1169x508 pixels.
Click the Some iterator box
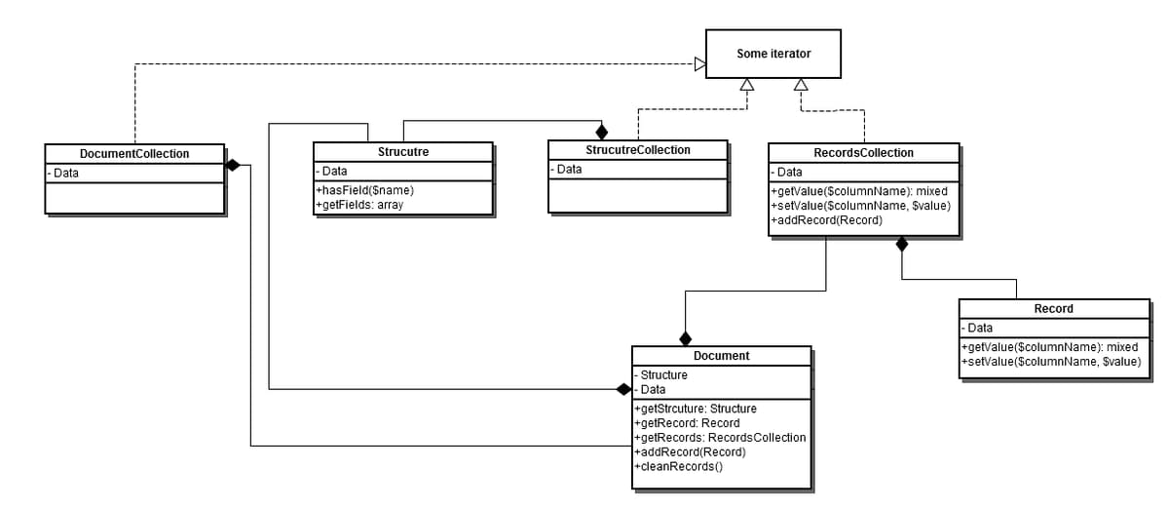(773, 54)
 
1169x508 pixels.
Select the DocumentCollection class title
(134, 154)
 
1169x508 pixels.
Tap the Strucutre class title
(402, 152)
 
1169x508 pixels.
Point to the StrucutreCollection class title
(637, 150)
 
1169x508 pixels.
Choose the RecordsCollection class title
(863, 153)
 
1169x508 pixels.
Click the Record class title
(1053, 309)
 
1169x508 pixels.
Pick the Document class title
(721, 356)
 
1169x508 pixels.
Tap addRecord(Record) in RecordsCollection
(826, 220)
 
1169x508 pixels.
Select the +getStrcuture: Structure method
(695, 409)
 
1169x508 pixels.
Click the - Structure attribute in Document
(662, 375)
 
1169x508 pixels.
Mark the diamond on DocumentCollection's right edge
(233, 165)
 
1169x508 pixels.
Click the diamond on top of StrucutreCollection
(601, 132)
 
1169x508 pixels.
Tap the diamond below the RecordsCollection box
(902, 244)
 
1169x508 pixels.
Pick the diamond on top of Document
(686, 338)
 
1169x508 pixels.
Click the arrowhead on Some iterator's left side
(698, 64)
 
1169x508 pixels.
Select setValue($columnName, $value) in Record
(1050, 362)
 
